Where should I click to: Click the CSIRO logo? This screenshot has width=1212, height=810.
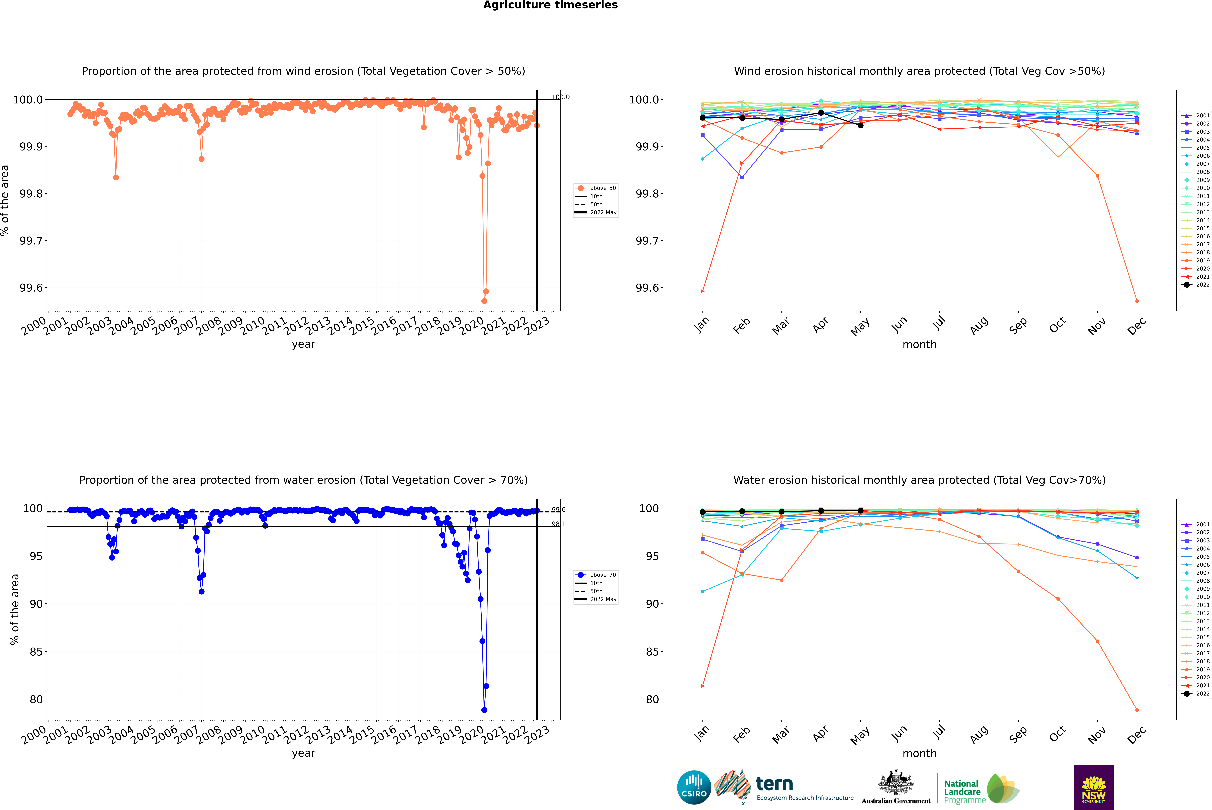pos(694,787)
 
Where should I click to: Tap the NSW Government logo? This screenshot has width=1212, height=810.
pos(1094,787)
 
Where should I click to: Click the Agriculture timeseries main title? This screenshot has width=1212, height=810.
pos(550,5)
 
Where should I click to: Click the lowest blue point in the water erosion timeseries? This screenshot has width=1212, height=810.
pos(484,710)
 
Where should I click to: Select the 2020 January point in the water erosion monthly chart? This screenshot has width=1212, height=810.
pos(703,686)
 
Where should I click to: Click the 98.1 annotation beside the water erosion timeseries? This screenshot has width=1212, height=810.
pos(558,524)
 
